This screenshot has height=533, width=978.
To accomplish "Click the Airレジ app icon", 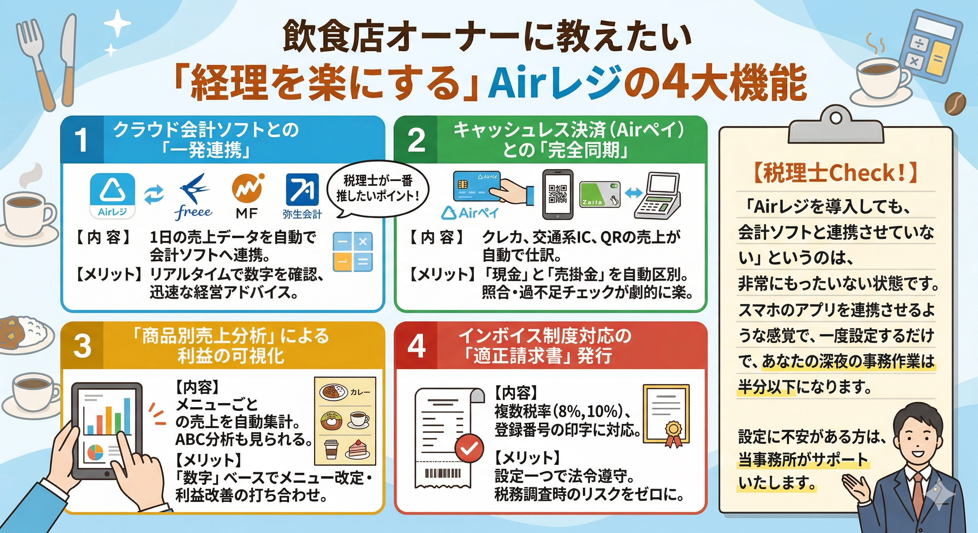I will (113, 195).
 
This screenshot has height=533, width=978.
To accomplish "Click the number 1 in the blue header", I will (81, 140).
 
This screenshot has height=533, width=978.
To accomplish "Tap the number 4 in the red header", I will (416, 346).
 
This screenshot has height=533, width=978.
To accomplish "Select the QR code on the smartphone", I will (558, 194).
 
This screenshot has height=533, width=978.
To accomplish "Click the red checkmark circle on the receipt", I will (469, 449).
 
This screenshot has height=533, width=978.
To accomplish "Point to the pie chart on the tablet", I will (95, 452).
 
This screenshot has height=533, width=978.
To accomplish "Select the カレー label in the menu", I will (360, 392).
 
